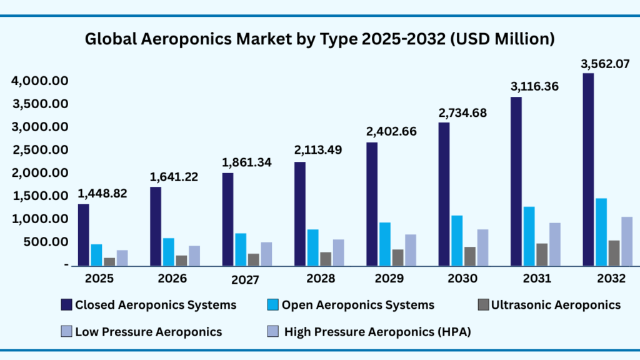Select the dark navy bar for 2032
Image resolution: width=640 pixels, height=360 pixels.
[588, 169]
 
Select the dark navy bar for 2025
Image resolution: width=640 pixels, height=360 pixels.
[84, 235]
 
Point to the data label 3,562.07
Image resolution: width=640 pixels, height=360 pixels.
[596, 63]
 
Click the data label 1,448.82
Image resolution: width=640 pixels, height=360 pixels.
[102, 194]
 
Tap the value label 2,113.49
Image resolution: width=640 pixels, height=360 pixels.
[318, 151]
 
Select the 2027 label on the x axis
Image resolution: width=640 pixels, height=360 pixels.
[245, 280]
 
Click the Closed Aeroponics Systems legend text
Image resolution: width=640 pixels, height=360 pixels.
[156, 305]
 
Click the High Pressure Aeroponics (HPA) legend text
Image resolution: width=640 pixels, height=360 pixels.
[377, 332]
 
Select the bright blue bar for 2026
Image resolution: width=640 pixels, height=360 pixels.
[169, 251]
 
